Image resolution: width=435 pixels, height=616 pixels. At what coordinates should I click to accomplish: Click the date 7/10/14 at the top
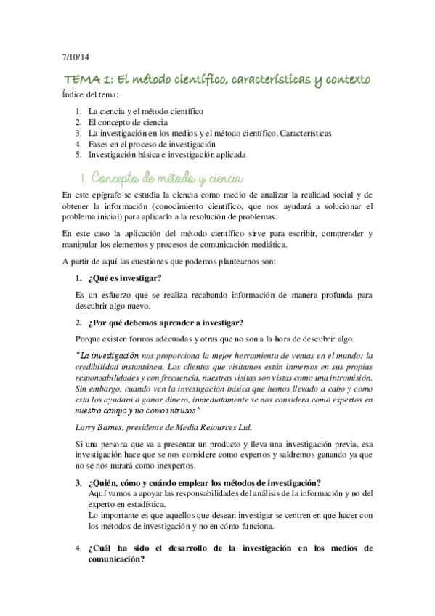(x=73, y=58)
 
